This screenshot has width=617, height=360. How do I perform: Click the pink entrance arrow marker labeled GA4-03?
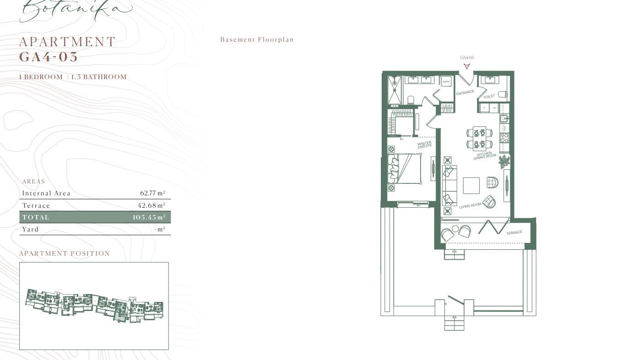(466, 66)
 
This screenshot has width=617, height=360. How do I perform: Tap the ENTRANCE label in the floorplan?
(465, 92)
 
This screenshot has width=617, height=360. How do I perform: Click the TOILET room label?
(489, 97)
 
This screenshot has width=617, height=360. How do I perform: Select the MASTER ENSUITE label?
(425, 144)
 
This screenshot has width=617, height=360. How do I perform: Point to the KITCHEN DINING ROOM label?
(484, 156)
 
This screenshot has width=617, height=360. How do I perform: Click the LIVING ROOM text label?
(470, 206)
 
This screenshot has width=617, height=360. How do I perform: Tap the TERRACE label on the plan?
(514, 232)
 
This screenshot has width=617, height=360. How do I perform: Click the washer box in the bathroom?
(446, 81)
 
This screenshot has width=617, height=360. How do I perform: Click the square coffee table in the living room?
(471, 185)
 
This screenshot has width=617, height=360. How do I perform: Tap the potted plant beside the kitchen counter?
(504, 161)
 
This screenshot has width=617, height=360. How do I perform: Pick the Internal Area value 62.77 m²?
(152, 193)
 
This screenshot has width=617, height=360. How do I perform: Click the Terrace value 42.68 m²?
(151, 205)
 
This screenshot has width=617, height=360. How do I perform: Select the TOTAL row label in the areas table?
(36, 217)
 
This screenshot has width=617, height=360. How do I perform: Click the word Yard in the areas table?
(30, 229)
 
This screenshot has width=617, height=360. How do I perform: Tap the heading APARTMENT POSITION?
(65, 253)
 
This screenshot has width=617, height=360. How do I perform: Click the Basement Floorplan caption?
(257, 40)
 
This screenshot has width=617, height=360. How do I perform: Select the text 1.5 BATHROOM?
(98, 77)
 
